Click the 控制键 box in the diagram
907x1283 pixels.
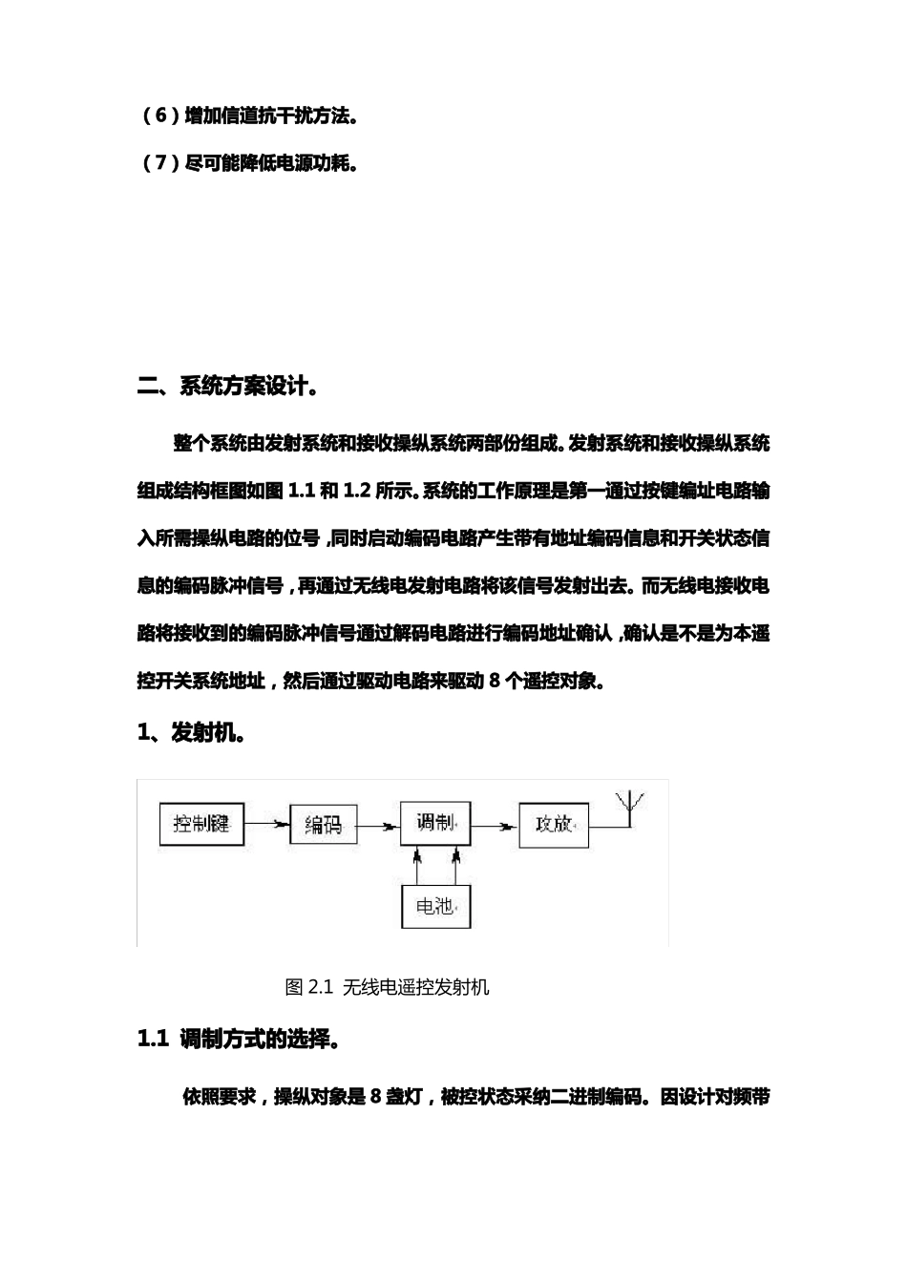click(201, 824)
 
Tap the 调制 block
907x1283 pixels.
click(435, 822)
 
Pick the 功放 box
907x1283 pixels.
click(553, 824)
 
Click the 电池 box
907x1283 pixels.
click(435, 906)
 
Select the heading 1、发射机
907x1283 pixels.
click(192, 733)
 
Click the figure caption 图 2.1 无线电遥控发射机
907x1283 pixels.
click(388, 987)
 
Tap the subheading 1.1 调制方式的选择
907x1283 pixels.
click(240, 1040)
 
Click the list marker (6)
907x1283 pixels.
click(160, 116)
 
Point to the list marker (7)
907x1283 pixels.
click(160, 163)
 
